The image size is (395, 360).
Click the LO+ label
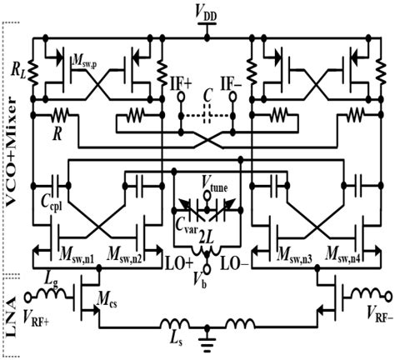177,264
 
